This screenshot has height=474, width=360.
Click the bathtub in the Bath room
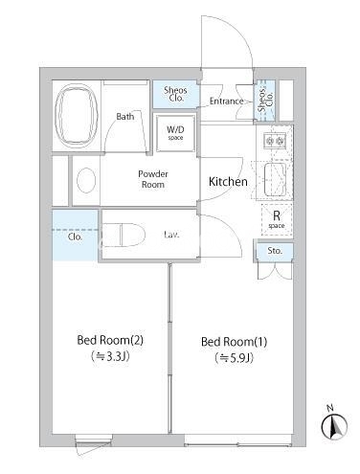(76, 115)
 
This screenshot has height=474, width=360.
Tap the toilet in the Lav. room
(124, 235)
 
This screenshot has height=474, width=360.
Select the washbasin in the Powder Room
(86, 180)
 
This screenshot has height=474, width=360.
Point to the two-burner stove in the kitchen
(275, 140)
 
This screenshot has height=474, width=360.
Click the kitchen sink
(275, 180)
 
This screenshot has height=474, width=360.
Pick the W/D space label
(175, 133)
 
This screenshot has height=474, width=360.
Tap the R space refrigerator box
(277, 219)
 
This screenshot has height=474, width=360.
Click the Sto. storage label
(275, 251)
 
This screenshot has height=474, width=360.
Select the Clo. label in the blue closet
(76, 237)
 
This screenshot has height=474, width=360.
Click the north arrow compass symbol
(334, 426)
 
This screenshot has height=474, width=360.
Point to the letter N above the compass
(330, 408)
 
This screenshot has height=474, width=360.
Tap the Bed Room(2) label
(110, 340)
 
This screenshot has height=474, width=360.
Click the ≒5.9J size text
(235, 358)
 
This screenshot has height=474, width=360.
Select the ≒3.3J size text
(110, 356)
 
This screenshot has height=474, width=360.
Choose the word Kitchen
(228, 182)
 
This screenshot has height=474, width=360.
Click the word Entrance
(227, 102)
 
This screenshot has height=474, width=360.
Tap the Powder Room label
(153, 179)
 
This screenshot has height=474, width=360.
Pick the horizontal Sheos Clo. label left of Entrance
(175, 94)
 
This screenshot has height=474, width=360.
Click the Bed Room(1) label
(235, 342)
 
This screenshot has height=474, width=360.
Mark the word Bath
(125, 117)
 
